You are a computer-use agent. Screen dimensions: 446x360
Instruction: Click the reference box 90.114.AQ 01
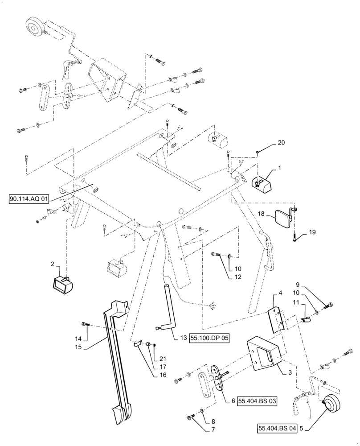(x=30, y=199)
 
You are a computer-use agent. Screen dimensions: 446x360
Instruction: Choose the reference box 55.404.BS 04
(x=277, y=429)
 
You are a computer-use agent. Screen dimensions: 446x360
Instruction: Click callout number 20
(x=280, y=143)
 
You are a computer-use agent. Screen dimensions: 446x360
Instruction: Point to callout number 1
(x=279, y=169)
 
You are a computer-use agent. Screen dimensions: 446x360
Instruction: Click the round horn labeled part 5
(x=332, y=406)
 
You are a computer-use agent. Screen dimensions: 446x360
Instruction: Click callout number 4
(x=280, y=293)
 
